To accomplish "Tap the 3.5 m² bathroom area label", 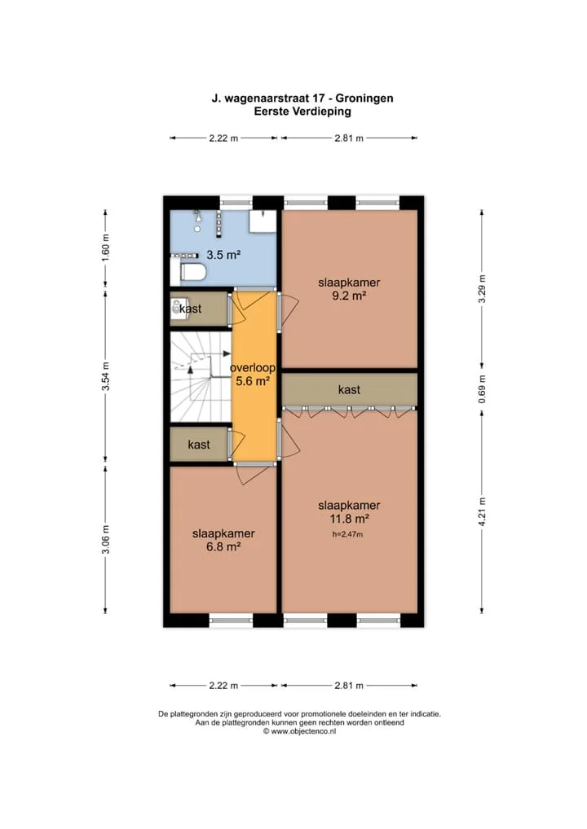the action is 223,255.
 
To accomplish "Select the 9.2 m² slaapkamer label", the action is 349,289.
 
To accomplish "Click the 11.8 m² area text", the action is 349,519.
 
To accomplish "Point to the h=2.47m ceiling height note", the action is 348,534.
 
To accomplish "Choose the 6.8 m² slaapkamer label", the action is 223,541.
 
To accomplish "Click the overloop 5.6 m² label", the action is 253,375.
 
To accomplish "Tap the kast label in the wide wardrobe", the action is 349,389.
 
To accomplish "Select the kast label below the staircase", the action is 198,445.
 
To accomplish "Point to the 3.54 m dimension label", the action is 105,376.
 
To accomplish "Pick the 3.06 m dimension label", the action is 105,540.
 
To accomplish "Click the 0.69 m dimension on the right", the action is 482,389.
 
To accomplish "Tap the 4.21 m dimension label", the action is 482,511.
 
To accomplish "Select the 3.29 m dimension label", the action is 482,290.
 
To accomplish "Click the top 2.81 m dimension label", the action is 349,138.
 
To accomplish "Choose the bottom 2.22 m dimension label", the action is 223,686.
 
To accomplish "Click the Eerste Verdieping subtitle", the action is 302,112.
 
